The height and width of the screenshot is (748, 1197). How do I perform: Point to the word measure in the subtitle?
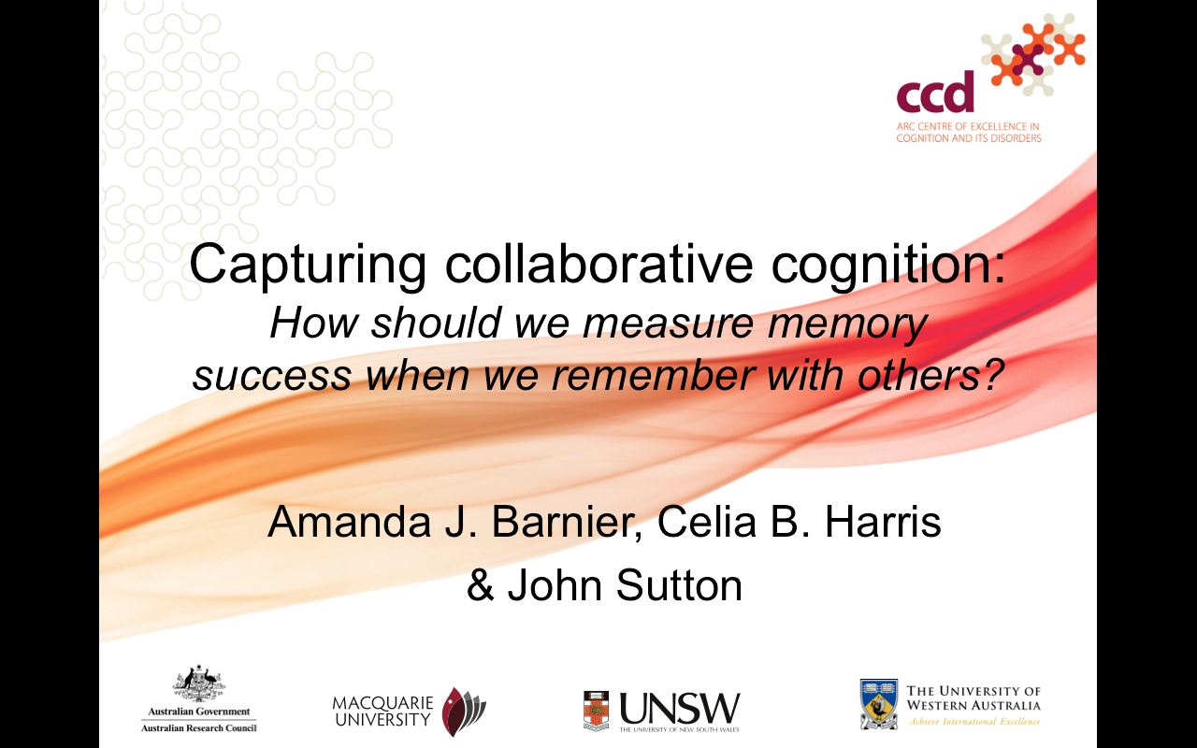[669, 324]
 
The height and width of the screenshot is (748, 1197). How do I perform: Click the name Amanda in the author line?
[349, 522]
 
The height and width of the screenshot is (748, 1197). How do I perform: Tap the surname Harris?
[883, 522]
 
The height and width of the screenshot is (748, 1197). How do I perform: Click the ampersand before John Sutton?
[481, 585]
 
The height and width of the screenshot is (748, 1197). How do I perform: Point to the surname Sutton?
[679, 585]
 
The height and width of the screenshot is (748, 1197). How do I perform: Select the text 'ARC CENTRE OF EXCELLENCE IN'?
[968, 126]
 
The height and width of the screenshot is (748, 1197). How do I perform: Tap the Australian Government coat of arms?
[199, 683]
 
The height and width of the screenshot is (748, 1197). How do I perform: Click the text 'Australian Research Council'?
[199, 727]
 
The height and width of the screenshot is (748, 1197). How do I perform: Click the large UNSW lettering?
[680, 709]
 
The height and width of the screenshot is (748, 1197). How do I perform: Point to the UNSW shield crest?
[596, 711]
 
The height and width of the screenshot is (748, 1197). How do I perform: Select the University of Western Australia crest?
[879, 704]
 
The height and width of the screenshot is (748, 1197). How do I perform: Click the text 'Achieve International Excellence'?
[974, 722]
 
